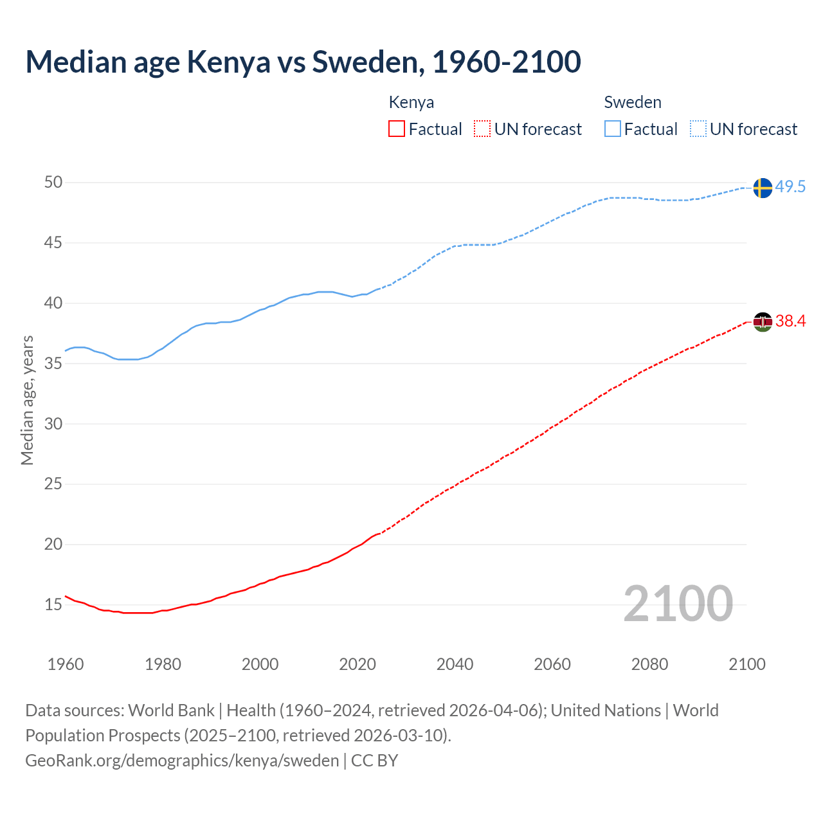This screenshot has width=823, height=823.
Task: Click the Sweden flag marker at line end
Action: pyautogui.click(x=762, y=188)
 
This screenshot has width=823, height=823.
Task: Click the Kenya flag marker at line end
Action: pyautogui.click(x=762, y=321)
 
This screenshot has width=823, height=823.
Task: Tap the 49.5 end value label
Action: pyautogui.click(x=790, y=187)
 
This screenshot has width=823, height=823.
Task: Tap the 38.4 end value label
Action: pyautogui.click(x=790, y=321)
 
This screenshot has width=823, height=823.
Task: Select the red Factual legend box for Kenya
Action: pyautogui.click(x=397, y=129)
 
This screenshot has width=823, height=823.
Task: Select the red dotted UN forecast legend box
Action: pyautogui.click(x=482, y=129)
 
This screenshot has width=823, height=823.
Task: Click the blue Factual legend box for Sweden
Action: pyautogui.click(x=613, y=129)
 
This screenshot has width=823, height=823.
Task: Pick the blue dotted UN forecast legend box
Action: pyautogui.click(x=698, y=129)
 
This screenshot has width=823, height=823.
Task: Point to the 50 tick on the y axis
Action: pyautogui.click(x=53, y=183)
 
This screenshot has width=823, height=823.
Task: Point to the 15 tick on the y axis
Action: pyautogui.click(x=53, y=605)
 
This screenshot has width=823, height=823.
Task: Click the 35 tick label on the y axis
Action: pyautogui.click(x=53, y=364)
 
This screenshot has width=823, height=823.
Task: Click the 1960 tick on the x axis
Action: pyautogui.click(x=66, y=664)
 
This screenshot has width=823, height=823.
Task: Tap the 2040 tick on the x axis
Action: pyautogui.click(x=455, y=664)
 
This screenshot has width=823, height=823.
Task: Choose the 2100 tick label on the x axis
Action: pyautogui.click(x=747, y=664)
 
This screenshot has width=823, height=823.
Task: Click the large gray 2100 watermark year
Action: pyautogui.click(x=678, y=603)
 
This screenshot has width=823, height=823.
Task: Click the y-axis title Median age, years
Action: pyautogui.click(x=27, y=400)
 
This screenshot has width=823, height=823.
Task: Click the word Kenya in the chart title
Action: pyautogui.click(x=228, y=62)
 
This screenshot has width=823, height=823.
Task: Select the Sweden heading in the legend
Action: pyautogui.click(x=633, y=102)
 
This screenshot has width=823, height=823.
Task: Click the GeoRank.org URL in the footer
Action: pyautogui.click(x=182, y=761)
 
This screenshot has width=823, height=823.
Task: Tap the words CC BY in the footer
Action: pyautogui.click(x=375, y=761)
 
